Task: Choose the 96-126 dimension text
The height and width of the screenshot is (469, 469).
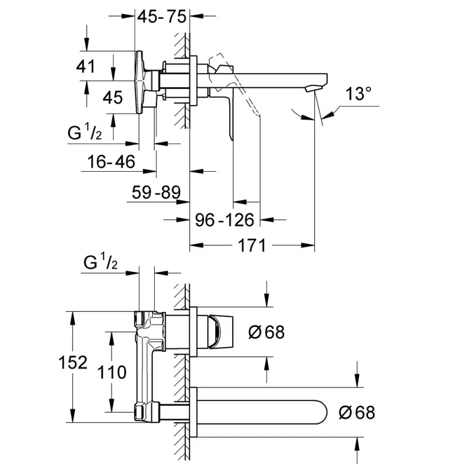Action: tap(225, 220)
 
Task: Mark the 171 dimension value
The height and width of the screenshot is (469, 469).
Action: tap(252, 245)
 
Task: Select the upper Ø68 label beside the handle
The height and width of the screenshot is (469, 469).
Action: tap(267, 332)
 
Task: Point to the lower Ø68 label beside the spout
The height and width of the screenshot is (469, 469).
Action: tap(356, 412)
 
